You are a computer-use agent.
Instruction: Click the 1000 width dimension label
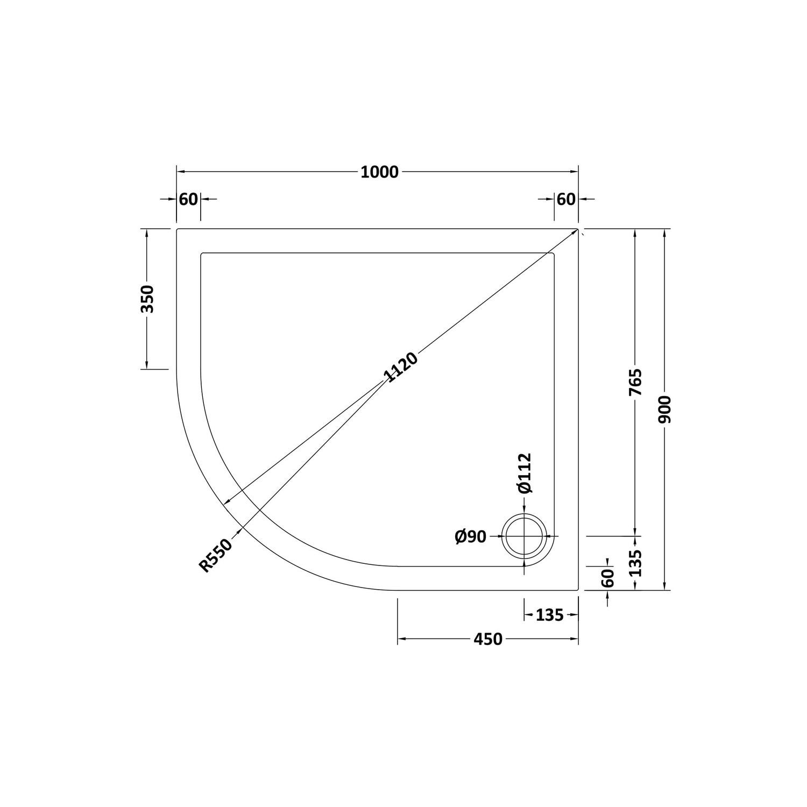[379, 172]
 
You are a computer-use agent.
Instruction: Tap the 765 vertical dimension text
[635, 383]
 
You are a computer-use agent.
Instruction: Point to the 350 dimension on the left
[147, 299]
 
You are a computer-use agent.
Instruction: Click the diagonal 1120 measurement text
[400, 367]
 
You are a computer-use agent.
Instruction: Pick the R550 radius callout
[216, 555]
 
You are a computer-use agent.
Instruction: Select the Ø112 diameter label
[525, 473]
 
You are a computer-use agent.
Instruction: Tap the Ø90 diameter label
[470, 536]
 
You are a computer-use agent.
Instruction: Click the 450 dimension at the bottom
[487, 639]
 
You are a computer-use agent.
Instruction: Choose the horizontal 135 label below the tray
[549, 614]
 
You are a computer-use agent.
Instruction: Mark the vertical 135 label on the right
[636, 563]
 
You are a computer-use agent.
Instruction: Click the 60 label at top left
[188, 200]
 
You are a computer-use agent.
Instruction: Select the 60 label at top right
[566, 200]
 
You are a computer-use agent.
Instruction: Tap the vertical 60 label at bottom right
[607, 578]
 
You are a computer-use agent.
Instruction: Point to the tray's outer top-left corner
[178, 229]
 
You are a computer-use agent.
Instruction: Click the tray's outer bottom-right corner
[578, 590]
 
